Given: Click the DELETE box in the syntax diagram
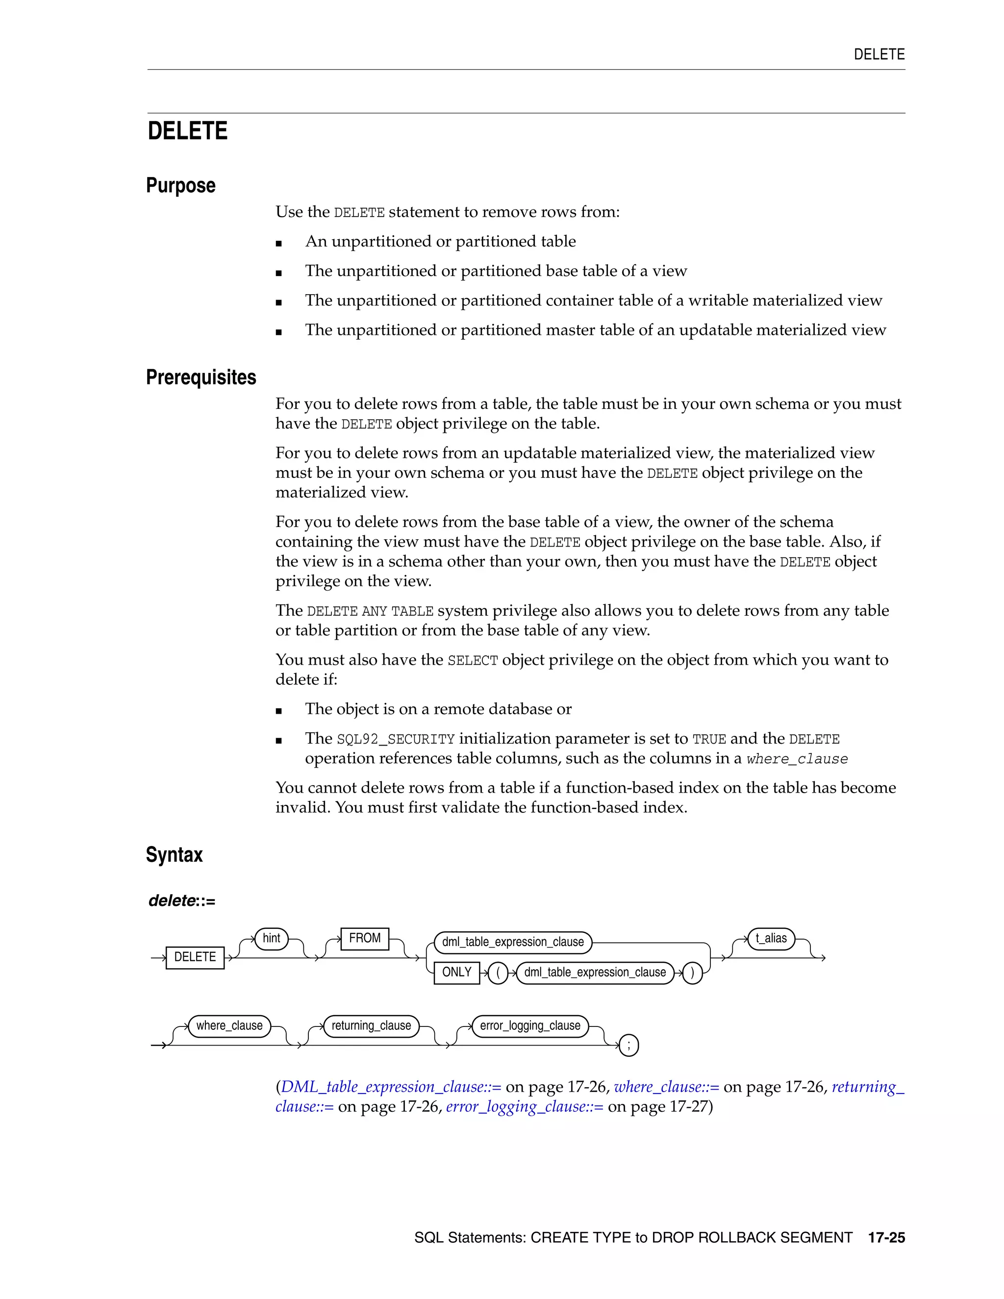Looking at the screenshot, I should (x=195, y=957).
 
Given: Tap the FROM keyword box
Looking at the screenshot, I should (x=365, y=938).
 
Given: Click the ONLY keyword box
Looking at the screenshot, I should (x=456, y=972).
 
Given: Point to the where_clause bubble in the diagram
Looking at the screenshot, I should (x=229, y=1025).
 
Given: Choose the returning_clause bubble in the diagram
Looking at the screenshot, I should (x=371, y=1025).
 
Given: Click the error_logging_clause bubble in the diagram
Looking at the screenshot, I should (x=530, y=1025).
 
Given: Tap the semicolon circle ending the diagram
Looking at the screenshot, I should (x=628, y=1045).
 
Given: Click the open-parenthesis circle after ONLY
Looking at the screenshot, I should (x=498, y=973).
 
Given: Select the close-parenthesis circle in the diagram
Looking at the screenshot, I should (x=692, y=973).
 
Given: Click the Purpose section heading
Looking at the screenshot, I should (x=181, y=186).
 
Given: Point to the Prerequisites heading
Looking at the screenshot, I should (x=201, y=377).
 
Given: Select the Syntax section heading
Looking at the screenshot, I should (x=174, y=855).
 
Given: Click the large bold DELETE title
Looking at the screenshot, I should (x=187, y=131).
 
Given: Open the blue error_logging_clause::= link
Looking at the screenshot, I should (x=525, y=1106).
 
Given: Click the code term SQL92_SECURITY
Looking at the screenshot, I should (x=396, y=739).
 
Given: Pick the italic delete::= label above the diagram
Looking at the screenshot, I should (x=182, y=900).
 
